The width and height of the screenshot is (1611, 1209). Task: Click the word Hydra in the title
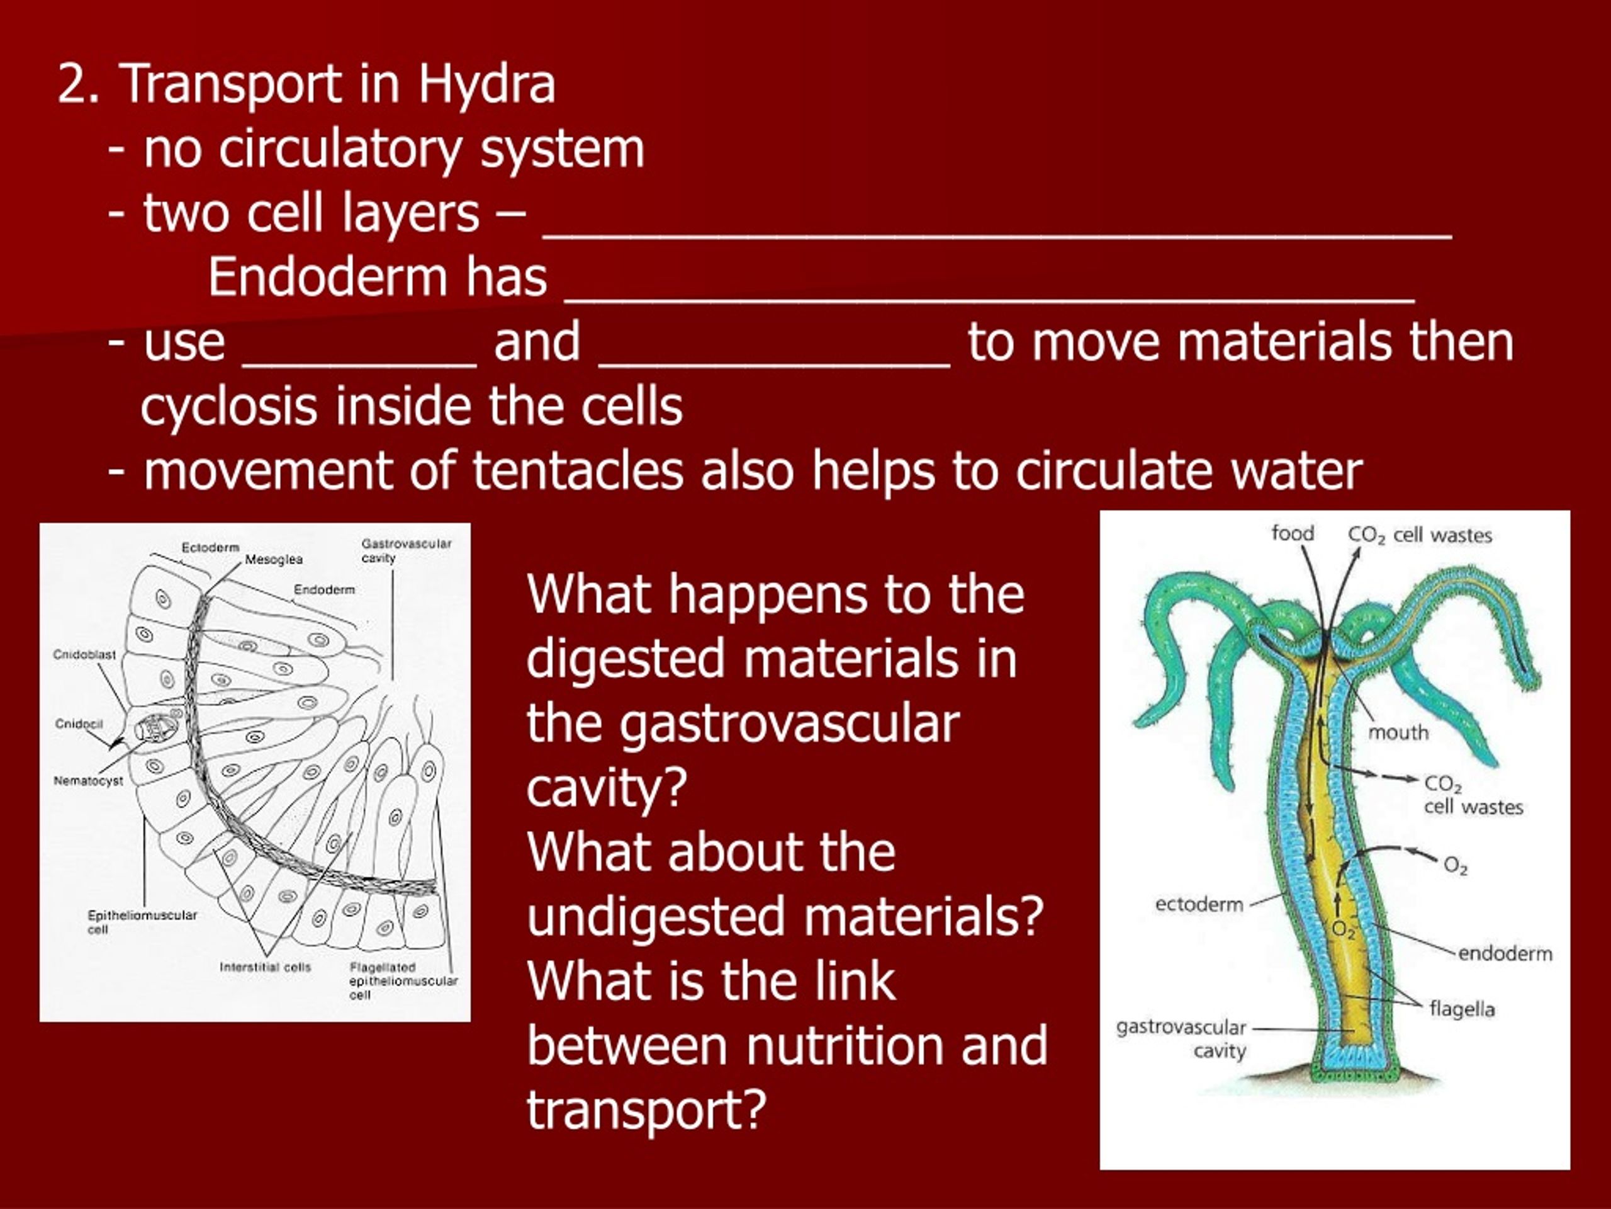(486, 84)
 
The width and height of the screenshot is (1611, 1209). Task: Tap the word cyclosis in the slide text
(228, 407)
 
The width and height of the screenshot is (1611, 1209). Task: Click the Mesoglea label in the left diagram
(274, 560)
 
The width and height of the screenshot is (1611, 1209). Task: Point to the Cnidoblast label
(84, 654)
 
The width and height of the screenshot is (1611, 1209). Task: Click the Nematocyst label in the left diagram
(88, 780)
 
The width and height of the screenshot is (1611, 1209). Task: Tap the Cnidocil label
(79, 724)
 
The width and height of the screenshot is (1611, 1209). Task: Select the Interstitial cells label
(265, 967)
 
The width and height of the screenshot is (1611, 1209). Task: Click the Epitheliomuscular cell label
(142, 921)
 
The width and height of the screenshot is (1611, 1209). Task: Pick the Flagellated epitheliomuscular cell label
(403, 980)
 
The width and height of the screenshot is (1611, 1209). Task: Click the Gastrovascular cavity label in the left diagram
(406, 551)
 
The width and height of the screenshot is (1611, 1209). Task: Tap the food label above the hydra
(1292, 533)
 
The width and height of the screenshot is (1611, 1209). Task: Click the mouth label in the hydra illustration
(1398, 732)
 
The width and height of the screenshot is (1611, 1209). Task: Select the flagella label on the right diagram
(1462, 1009)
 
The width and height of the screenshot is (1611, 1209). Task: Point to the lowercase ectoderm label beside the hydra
(1199, 904)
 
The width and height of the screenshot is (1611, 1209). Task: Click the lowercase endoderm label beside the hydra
(1505, 953)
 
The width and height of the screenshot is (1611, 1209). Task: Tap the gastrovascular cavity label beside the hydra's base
(1181, 1038)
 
